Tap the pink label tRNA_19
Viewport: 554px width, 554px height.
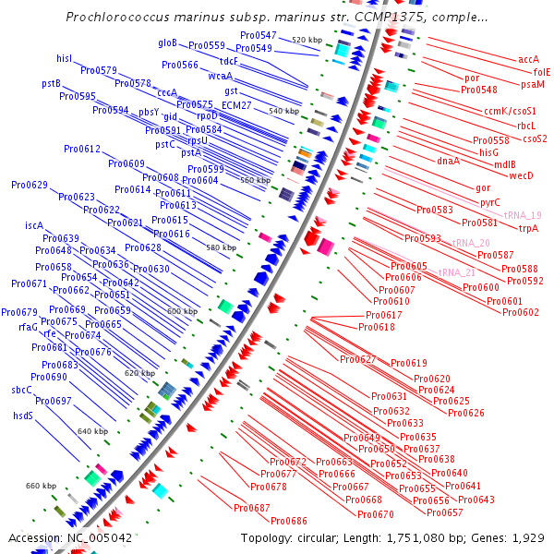click(x=522, y=215)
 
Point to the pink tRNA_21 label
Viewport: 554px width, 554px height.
click(x=456, y=272)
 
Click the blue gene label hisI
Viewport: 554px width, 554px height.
click(x=64, y=58)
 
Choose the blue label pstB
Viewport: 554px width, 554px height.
click(x=52, y=83)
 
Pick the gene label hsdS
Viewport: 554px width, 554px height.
click(x=22, y=415)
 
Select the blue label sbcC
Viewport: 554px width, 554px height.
click(x=22, y=390)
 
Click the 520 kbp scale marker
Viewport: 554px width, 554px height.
click(x=307, y=41)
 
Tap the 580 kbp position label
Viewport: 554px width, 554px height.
click(x=221, y=248)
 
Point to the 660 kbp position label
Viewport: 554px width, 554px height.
click(x=41, y=486)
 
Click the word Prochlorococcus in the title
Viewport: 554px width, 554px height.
click(x=123, y=18)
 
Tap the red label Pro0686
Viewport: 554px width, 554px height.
click(x=288, y=521)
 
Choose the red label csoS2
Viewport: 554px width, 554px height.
click(x=535, y=138)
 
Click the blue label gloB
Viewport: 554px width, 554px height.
click(x=167, y=42)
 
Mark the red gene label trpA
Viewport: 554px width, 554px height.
click(x=528, y=228)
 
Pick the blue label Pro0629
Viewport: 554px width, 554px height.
click(x=29, y=185)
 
